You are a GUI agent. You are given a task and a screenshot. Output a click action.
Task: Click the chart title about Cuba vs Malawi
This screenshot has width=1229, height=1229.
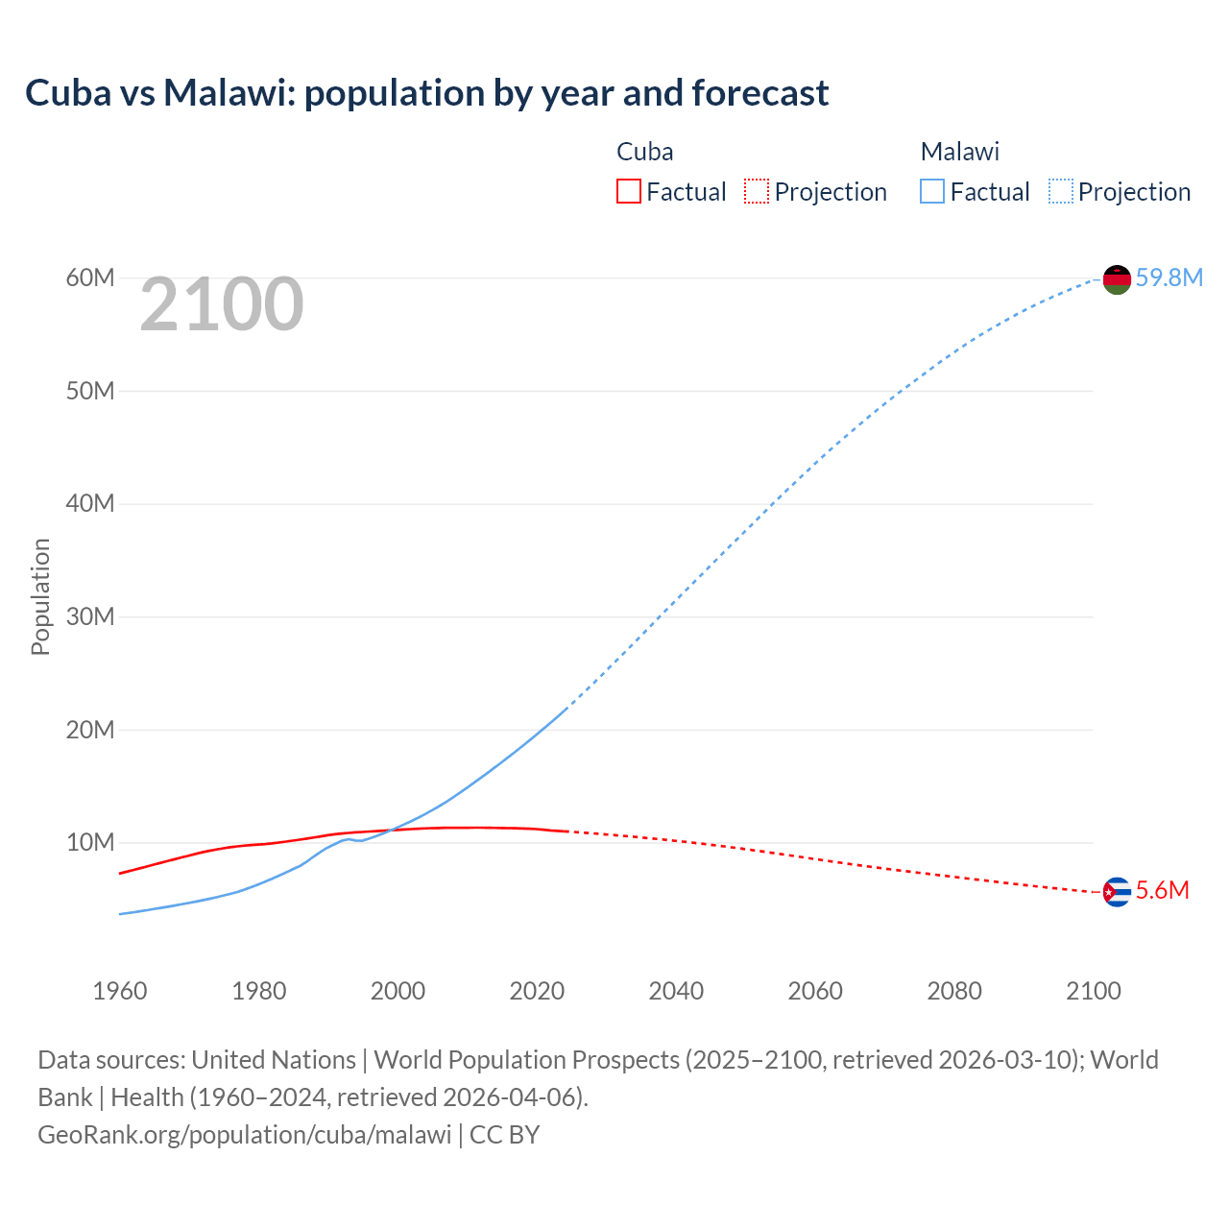[426, 93]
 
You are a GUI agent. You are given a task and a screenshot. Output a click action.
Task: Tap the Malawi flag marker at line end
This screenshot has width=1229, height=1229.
[1117, 279]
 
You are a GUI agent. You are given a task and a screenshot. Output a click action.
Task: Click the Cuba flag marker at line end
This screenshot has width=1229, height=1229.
[1117, 892]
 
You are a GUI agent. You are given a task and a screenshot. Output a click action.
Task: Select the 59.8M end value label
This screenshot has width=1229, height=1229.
[1169, 278]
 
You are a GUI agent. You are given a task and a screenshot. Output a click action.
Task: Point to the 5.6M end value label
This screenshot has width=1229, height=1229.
[1162, 891]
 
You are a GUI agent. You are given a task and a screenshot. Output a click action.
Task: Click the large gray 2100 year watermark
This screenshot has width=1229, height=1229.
[222, 305]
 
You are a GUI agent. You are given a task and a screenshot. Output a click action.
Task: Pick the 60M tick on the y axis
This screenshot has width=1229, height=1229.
[90, 278]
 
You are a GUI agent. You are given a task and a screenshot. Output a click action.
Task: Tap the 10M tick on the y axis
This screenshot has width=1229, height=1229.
[90, 843]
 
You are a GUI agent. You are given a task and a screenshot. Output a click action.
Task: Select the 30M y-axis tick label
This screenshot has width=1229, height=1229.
[90, 617]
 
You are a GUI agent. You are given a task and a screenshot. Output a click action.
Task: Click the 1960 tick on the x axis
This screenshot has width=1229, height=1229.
[120, 991]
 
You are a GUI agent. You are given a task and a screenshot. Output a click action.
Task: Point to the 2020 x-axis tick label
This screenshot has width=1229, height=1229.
[537, 991]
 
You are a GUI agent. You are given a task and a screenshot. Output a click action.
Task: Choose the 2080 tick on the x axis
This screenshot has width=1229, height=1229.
[954, 991]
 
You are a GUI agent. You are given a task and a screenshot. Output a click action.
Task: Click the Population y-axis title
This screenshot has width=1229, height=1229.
[40, 596]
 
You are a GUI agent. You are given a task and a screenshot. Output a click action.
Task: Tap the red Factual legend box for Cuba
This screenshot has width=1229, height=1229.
[628, 192]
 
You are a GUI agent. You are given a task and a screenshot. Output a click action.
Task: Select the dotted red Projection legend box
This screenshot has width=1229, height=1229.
[757, 192]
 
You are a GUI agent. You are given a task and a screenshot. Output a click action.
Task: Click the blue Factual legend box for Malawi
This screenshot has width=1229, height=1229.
[932, 192]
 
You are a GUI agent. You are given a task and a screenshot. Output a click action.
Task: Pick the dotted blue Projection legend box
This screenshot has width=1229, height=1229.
[1061, 192]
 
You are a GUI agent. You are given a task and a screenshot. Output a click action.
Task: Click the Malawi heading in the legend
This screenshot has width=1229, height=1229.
[959, 152]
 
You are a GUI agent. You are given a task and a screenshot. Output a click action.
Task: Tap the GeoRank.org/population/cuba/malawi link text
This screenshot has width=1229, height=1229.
[244, 1135]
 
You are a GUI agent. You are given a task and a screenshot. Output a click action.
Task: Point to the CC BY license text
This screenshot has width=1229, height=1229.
[505, 1135]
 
